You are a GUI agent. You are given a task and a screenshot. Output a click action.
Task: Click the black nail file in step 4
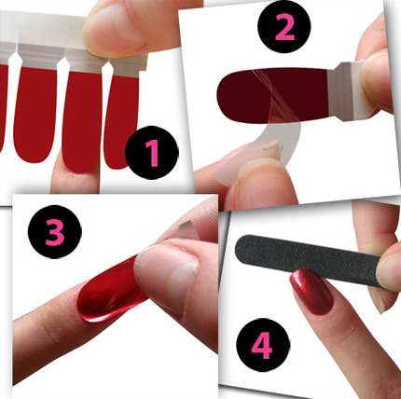308,260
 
